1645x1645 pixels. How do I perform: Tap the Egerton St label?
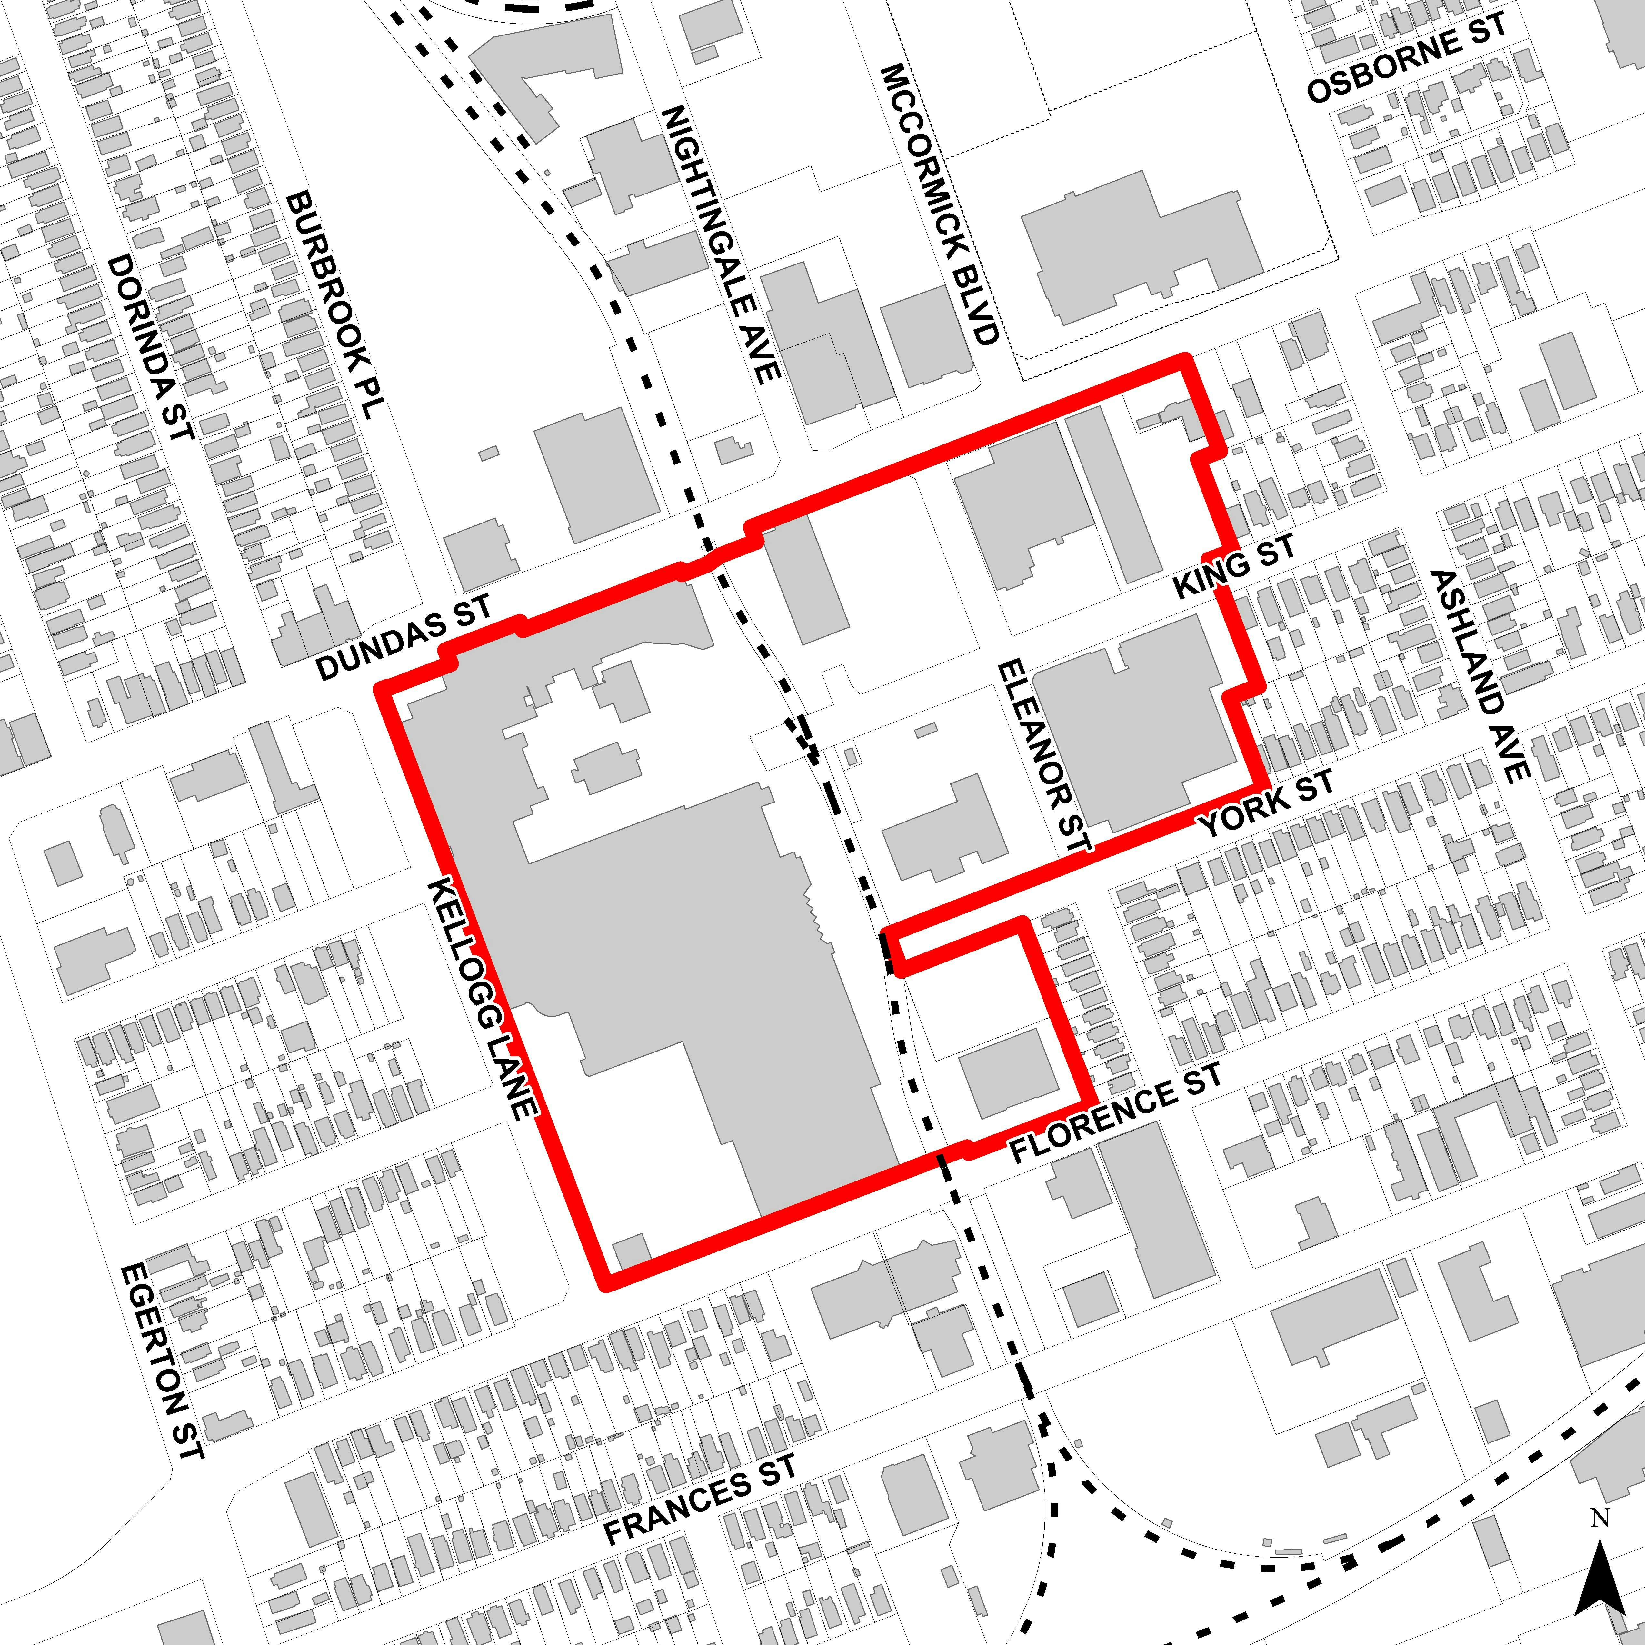(x=162, y=1361)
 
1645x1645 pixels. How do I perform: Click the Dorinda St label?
(x=150, y=347)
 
